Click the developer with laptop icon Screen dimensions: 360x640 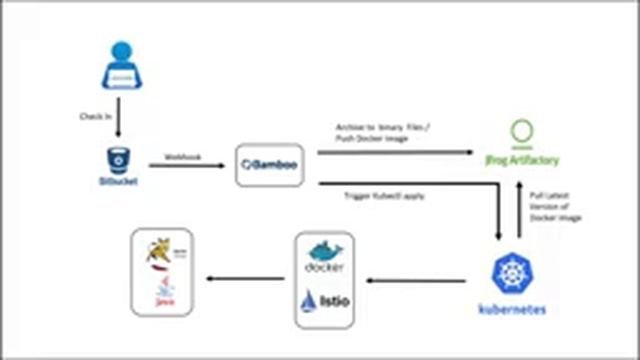(121, 66)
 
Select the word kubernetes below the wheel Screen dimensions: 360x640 (512, 310)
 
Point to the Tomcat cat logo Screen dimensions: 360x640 (160, 252)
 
